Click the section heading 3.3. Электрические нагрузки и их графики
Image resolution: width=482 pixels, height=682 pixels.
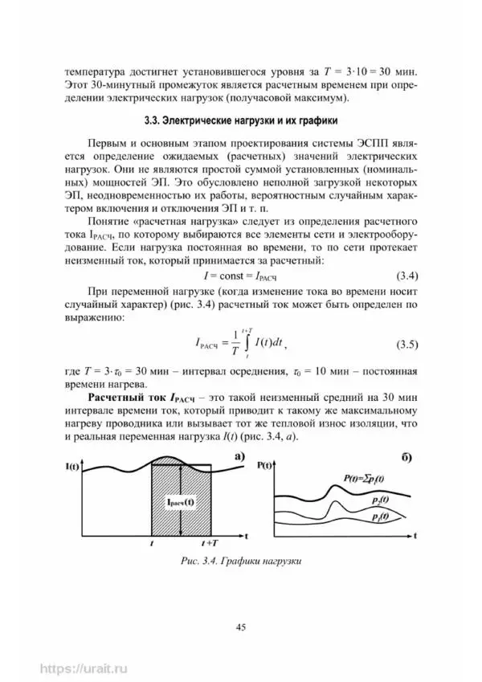pos(239,122)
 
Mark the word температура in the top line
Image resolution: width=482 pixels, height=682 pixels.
pos(95,70)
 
